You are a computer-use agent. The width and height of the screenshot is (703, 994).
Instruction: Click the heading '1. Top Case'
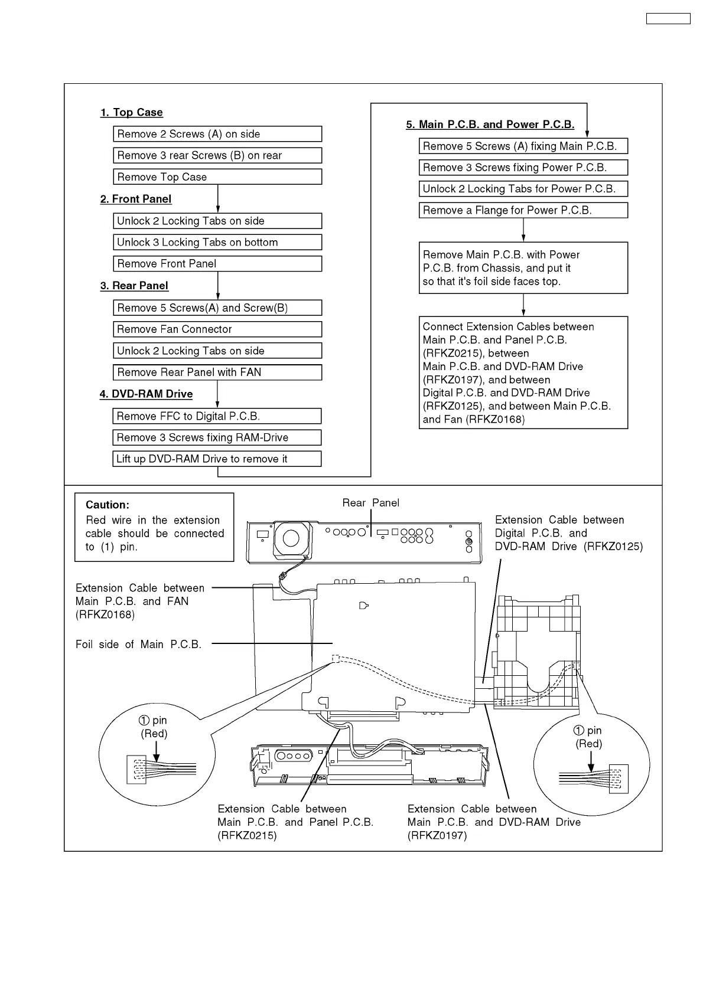coord(131,112)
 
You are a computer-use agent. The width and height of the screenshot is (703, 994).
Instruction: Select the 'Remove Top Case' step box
coord(217,177)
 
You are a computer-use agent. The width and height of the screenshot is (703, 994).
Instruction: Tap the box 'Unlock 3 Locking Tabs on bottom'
coord(217,243)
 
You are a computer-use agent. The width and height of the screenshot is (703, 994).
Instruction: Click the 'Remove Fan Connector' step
coord(217,329)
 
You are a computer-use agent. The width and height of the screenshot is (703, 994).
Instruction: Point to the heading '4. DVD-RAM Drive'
coord(146,394)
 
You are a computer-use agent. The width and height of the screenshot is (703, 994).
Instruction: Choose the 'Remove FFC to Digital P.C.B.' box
coord(217,416)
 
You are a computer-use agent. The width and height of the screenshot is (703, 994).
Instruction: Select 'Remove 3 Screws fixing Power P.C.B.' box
coord(523,168)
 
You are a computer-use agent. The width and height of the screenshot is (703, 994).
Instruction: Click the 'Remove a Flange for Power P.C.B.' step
coord(523,210)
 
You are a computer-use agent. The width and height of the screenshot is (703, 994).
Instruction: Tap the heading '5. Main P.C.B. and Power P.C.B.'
coord(490,125)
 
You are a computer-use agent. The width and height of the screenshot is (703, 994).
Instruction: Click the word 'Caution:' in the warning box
coord(108,505)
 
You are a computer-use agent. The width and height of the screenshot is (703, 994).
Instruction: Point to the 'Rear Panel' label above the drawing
coord(370,503)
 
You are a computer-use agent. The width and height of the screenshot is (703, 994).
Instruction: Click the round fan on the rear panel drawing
coord(291,538)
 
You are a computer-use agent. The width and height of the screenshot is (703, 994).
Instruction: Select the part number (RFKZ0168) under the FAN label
coord(105,614)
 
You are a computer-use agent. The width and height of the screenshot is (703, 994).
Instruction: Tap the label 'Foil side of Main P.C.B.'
coord(138,644)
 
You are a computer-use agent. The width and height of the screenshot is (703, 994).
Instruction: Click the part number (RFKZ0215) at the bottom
coord(247,835)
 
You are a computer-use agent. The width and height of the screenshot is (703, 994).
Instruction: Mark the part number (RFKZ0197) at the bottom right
coord(437,835)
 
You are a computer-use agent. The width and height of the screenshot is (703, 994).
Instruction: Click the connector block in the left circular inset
coord(136,770)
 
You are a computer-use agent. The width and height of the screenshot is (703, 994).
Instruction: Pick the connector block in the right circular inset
coord(619,779)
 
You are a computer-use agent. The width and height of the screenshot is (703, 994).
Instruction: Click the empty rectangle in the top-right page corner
coord(668,19)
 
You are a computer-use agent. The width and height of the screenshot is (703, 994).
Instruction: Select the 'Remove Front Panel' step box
coord(217,264)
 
